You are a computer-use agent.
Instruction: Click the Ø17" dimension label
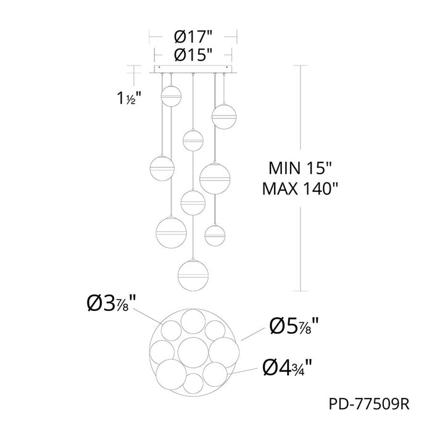[193, 36]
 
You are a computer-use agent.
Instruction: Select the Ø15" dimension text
[193, 55]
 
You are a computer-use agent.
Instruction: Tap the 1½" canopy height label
[129, 98]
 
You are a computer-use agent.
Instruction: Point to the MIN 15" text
[301, 168]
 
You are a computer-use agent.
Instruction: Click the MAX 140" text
[300, 189]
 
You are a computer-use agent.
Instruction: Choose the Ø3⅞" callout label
[111, 304]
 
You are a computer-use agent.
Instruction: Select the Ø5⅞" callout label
[294, 326]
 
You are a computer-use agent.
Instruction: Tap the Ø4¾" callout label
[287, 368]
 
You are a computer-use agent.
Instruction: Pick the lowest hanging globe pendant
[193, 275]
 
